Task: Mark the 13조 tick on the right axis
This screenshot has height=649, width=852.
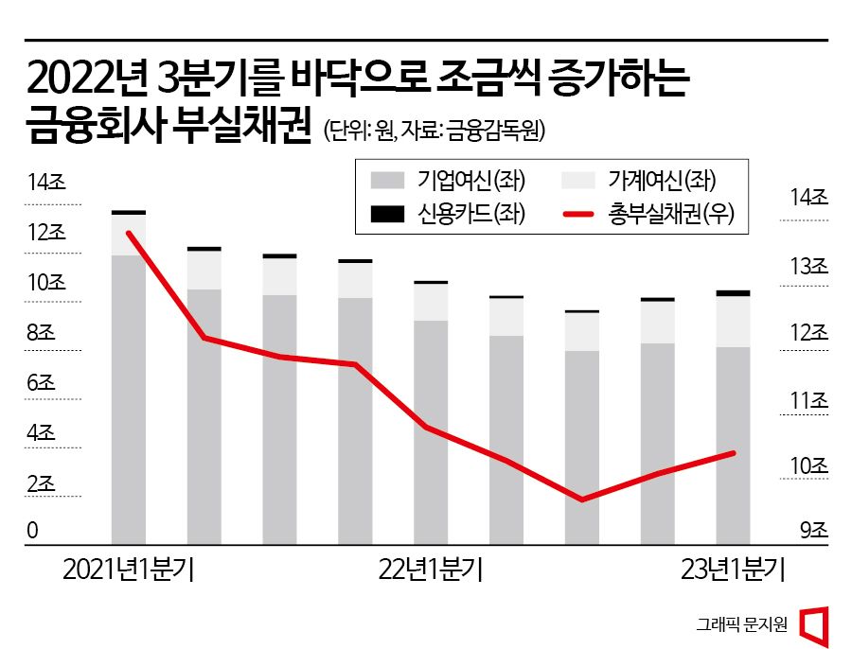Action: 808,268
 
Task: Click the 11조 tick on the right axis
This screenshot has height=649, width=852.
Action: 808,400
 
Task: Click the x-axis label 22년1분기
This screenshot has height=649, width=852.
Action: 430,570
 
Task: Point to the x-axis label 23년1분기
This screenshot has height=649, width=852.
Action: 734,570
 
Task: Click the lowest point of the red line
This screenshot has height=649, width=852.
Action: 582,500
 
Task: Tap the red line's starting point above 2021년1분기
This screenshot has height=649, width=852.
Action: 129,233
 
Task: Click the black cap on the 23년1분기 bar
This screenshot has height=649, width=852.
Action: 733,293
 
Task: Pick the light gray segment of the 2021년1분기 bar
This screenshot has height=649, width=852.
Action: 129,236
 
